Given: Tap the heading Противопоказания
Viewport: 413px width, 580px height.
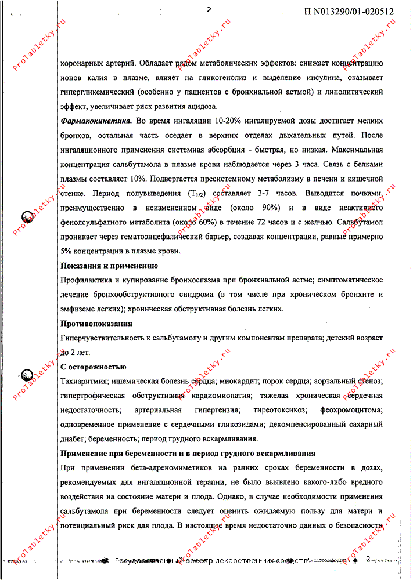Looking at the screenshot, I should pyautogui.click(x=96, y=323).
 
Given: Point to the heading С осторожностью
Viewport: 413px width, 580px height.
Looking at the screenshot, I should pyautogui.click(x=94, y=367).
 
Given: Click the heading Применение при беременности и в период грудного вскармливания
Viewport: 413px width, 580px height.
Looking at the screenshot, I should pyautogui.click(x=188, y=453).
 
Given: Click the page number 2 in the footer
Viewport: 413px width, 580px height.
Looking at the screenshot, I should pyautogui.click(x=368, y=559).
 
